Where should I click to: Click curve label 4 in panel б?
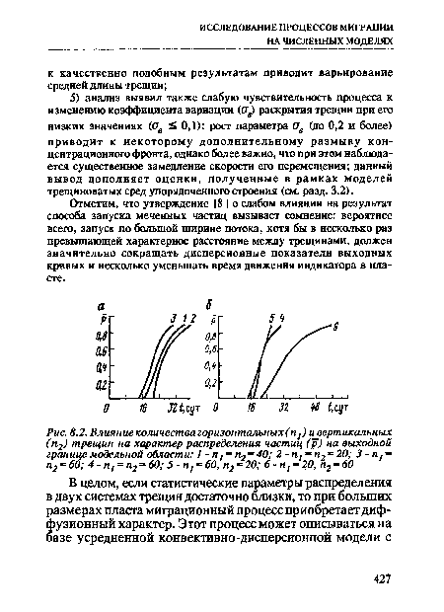(x=283, y=316)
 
